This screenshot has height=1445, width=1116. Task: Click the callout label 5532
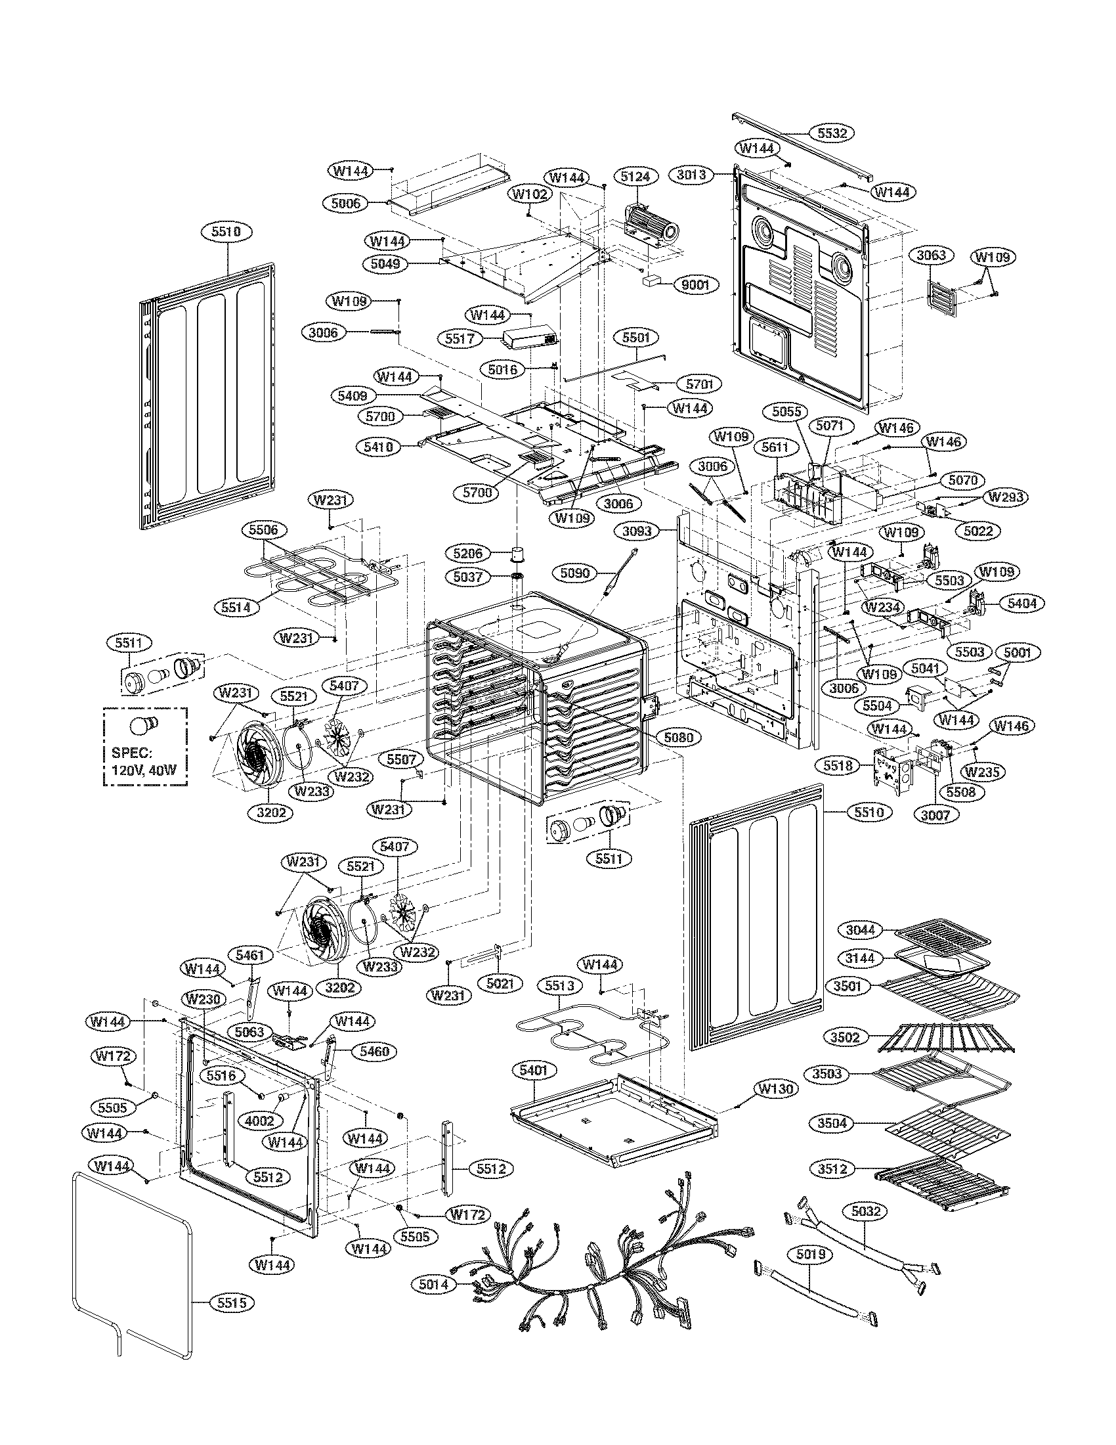(832, 133)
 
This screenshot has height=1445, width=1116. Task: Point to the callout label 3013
(691, 175)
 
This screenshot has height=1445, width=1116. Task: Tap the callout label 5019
(809, 1255)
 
